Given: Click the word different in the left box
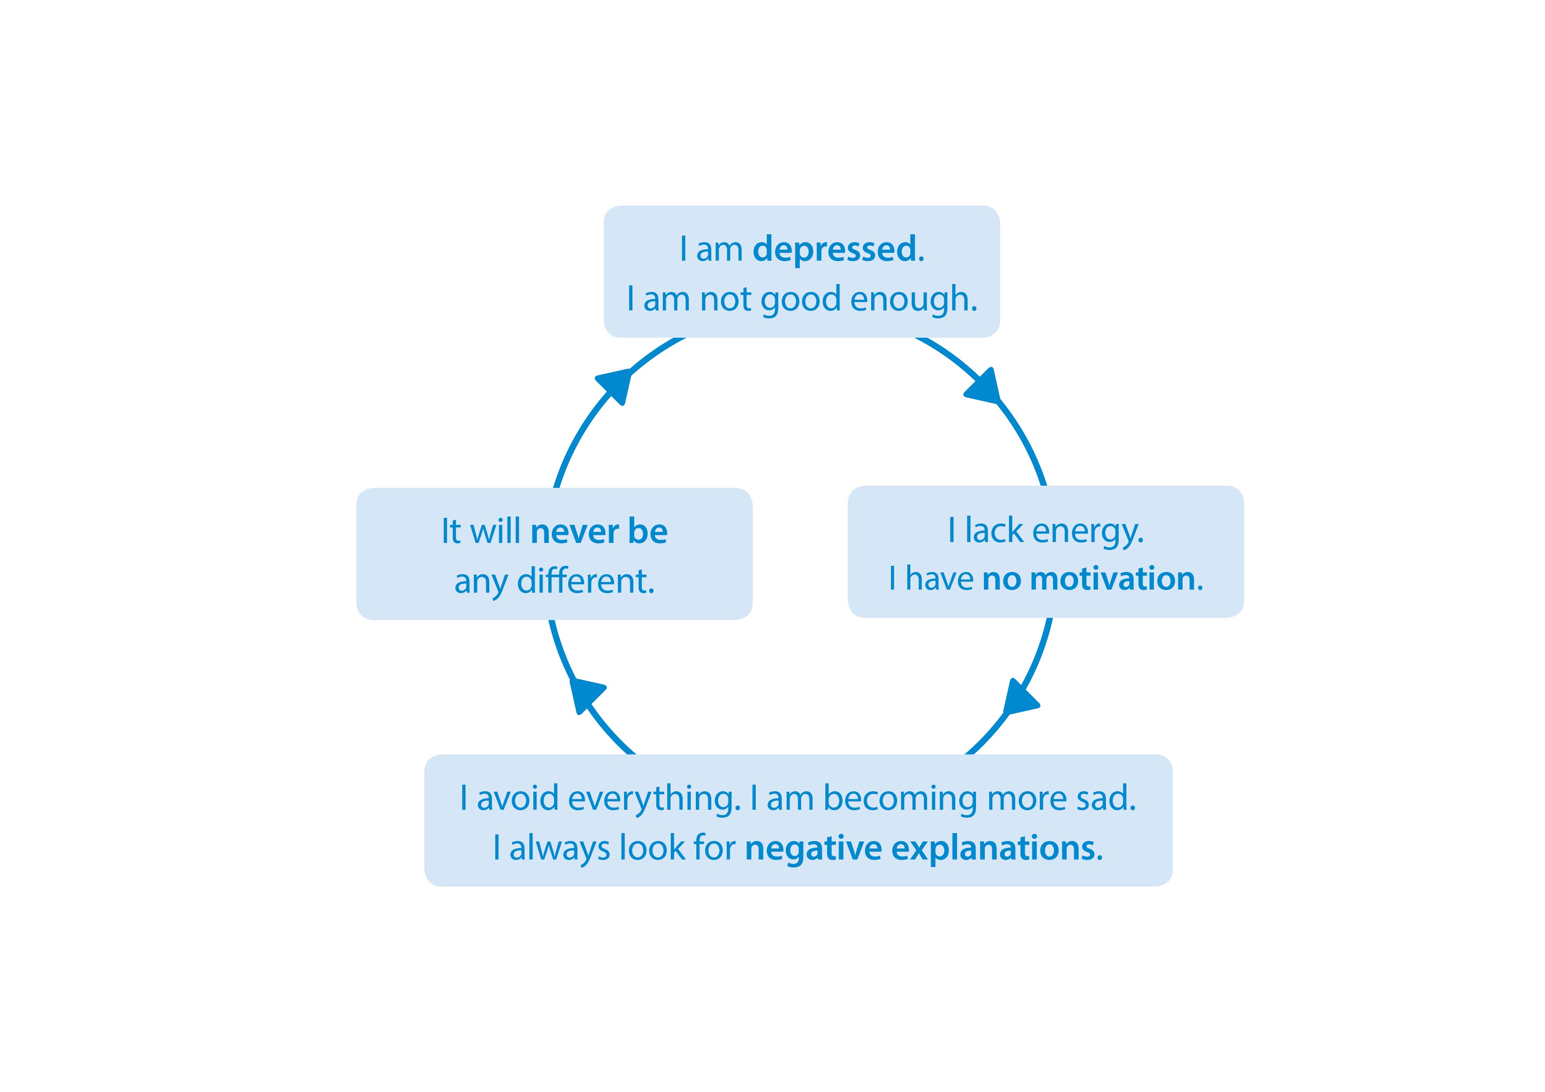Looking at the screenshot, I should click(585, 581).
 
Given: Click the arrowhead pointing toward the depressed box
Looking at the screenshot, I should click(615, 386).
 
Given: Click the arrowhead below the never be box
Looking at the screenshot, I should click(585, 694).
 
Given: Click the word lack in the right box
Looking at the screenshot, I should click(994, 531).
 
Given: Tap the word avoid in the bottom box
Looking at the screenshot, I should click(517, 799).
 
